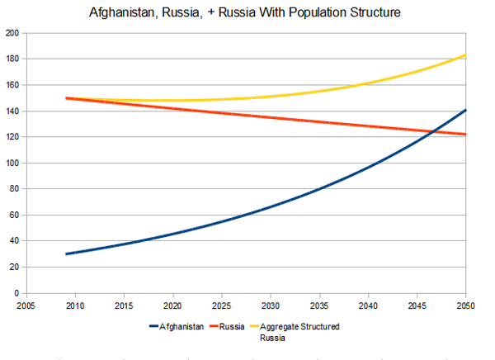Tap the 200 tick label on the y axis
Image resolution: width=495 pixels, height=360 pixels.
12,33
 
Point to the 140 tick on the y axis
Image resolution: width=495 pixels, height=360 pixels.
12,111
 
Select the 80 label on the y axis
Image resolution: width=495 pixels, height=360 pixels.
14,189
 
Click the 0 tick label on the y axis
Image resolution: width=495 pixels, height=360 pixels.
16,293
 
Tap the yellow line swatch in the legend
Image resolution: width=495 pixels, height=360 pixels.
252,327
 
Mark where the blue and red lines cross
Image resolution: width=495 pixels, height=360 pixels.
433,130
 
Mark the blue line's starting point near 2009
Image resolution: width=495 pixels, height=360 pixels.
66,253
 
